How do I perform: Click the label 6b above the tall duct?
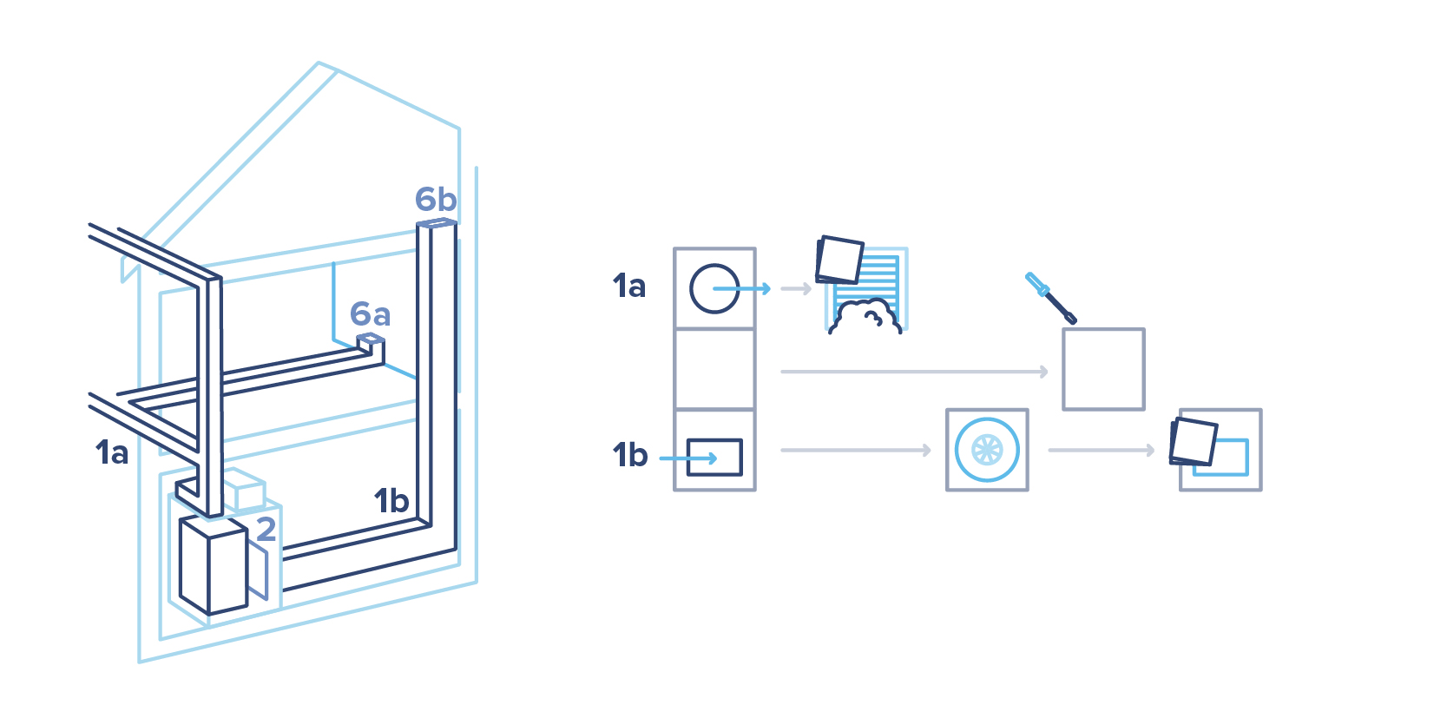coord(435,200)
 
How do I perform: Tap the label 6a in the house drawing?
coord(370,313)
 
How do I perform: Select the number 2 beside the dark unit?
coord(266,529)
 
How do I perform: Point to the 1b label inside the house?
coord(391,501)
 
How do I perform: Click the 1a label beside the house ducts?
coord(112,452)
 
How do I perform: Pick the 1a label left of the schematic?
coord(629,286)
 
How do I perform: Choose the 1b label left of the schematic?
coord(630,455)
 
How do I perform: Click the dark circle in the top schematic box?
coord(714,288)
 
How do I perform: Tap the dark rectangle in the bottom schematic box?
coord(714,458)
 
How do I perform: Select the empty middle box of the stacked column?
coord(714,369)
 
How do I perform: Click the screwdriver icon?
coord(1050,298)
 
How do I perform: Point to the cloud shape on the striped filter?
coord(865,316)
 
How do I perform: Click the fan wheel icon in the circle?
coord(987,450)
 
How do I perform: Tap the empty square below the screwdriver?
coord(1103,369)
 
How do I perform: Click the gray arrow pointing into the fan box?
coord(855,450)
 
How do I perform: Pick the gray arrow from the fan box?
coord(1101,450)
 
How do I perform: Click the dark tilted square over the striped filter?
coord(839,260)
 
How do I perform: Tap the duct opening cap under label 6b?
coord(437,224)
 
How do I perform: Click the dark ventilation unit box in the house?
coord(213,565)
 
